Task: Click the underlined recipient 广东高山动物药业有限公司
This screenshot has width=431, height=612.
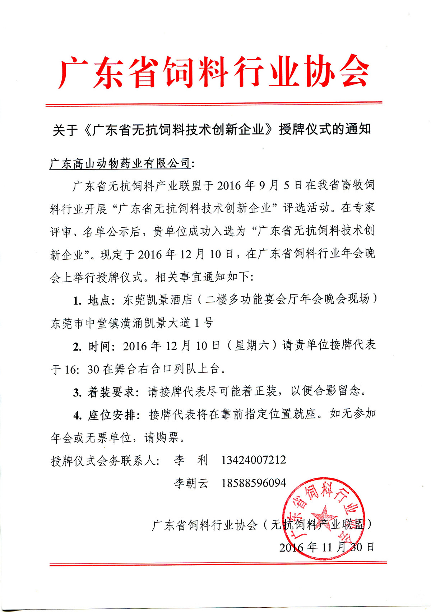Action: click(120, 163)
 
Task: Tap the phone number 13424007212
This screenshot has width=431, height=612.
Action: click(254, 460)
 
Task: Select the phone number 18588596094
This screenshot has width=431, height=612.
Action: click(254, 483)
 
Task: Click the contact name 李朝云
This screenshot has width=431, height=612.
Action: click(191, 483)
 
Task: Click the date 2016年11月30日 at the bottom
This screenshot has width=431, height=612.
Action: click(327, 547)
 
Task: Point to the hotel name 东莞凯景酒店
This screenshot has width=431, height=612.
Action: click(157, 300)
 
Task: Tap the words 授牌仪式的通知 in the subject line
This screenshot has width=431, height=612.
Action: click(325, 129)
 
